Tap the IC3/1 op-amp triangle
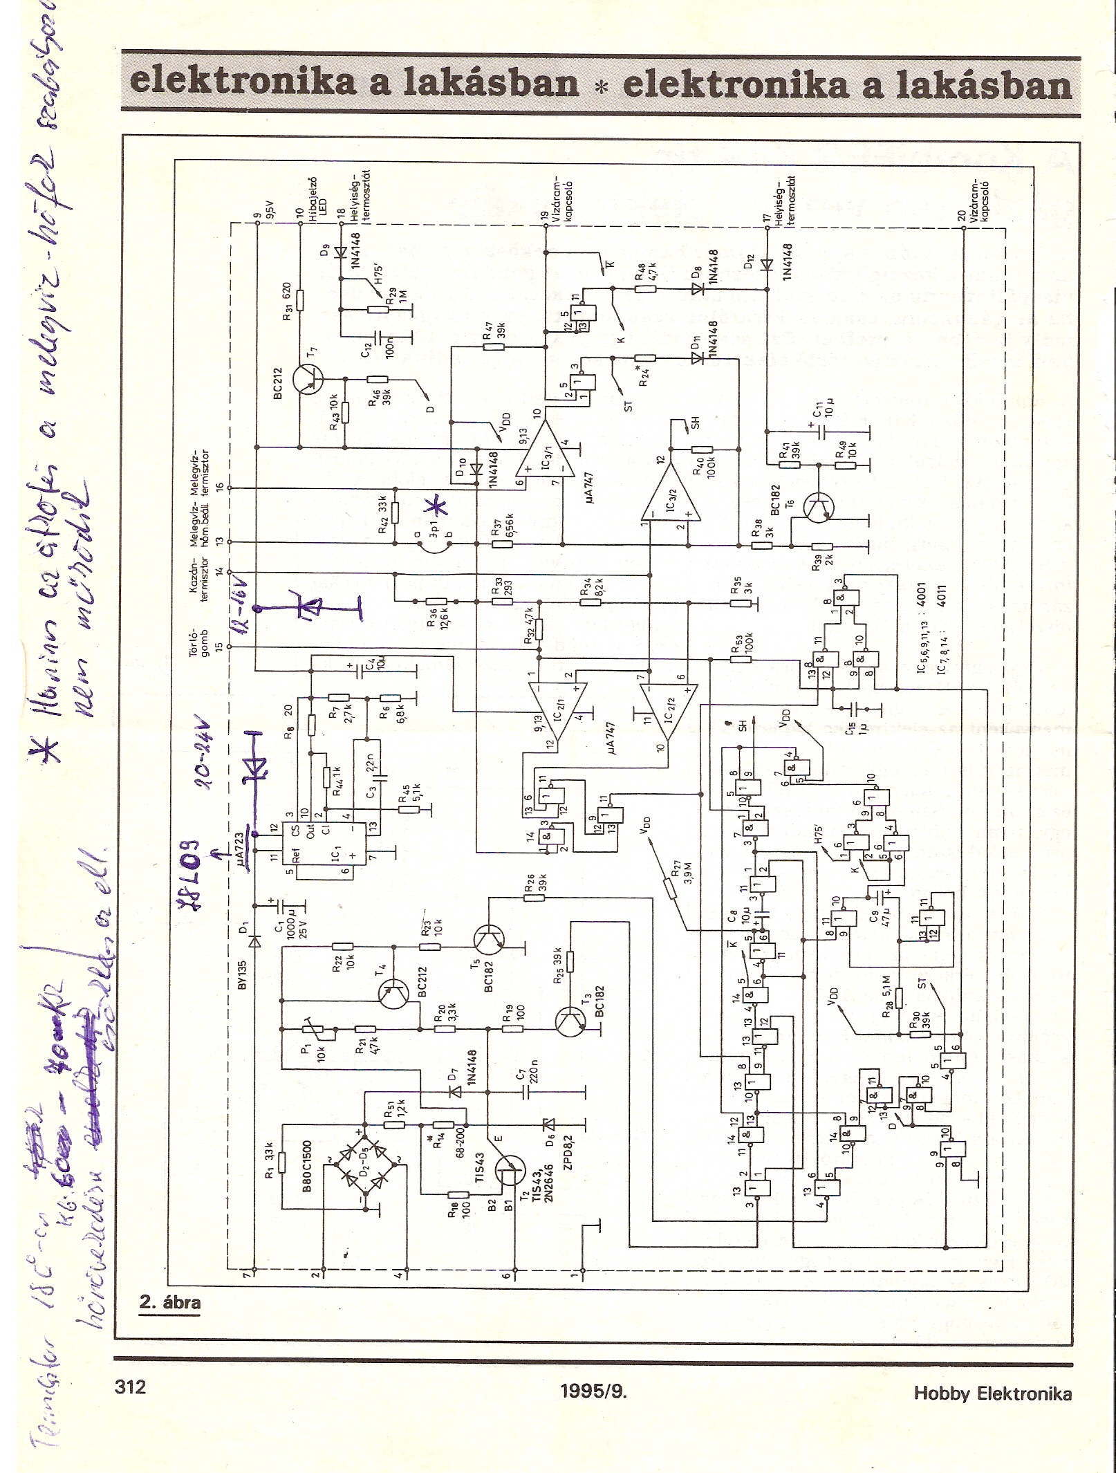click(x=547, y=450)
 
